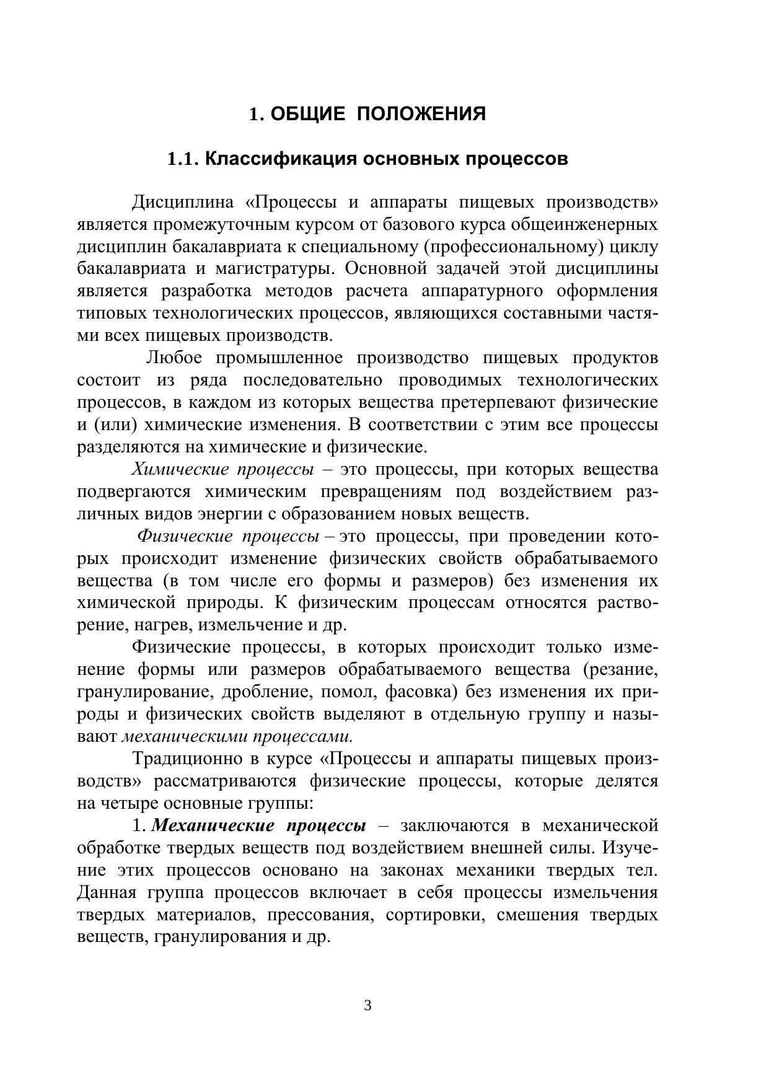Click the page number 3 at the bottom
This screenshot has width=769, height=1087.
coord(367,1005)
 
